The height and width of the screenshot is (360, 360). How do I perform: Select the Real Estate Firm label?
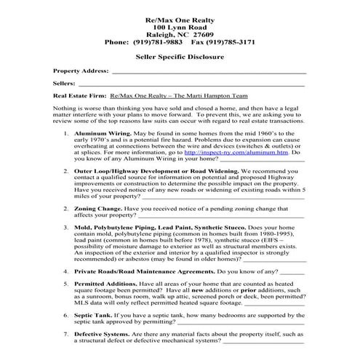click(x=79, y=95)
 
